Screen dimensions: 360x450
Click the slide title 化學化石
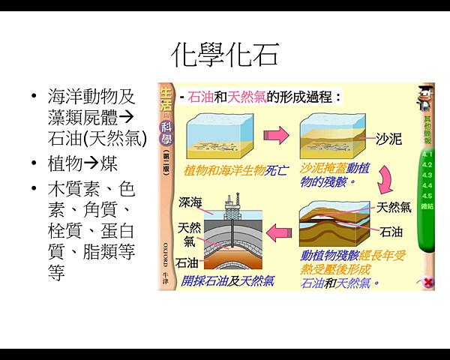point(225,54)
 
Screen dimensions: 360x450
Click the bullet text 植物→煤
point(82,164)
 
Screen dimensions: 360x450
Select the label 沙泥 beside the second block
point(388,139)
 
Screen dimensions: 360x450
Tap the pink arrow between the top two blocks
point(277,136)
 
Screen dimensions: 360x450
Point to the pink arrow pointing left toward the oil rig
point(283,232)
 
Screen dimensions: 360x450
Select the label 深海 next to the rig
point(191,202)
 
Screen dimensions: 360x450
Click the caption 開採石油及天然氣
point(228,281)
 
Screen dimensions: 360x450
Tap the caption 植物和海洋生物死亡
point(225,171)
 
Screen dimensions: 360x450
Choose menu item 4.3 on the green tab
point(427,175)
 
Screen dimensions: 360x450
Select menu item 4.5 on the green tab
point(427,195)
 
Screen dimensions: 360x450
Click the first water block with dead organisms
point(217,134)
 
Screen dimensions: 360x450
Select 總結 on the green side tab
point(427,205)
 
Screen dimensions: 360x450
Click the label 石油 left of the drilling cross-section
point(187,263)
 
